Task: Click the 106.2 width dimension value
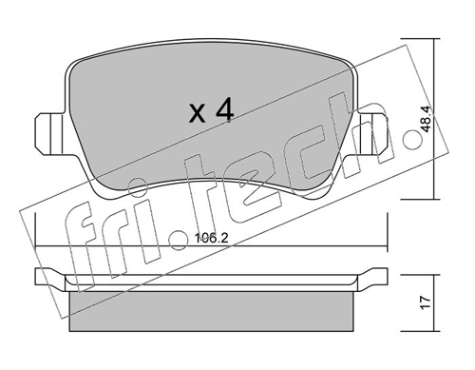pos(212,238)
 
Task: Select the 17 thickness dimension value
pos(427,302)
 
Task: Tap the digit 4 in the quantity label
pos(224,109)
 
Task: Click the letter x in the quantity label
pos(198,114)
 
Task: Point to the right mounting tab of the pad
pos(372,134)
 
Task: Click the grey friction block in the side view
pos(212,311)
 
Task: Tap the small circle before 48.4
pos(412,140)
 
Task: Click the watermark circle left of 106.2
pos(179,240)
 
